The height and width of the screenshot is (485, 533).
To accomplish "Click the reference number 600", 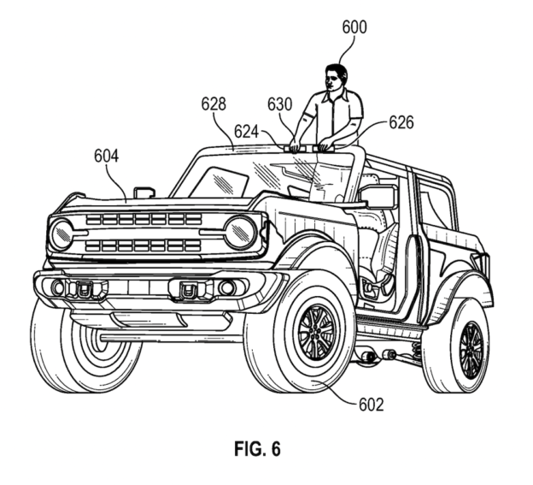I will (354, 27).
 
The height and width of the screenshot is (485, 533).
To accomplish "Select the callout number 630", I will (279, 104).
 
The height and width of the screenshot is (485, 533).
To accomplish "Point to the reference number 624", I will (247, 130).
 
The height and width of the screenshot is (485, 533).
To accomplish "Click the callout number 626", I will (401, 122).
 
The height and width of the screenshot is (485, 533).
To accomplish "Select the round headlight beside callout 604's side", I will (61, 234).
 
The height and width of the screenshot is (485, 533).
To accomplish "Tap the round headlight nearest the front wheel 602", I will (241, 232).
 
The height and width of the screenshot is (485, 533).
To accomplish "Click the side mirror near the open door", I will (380, 197).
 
